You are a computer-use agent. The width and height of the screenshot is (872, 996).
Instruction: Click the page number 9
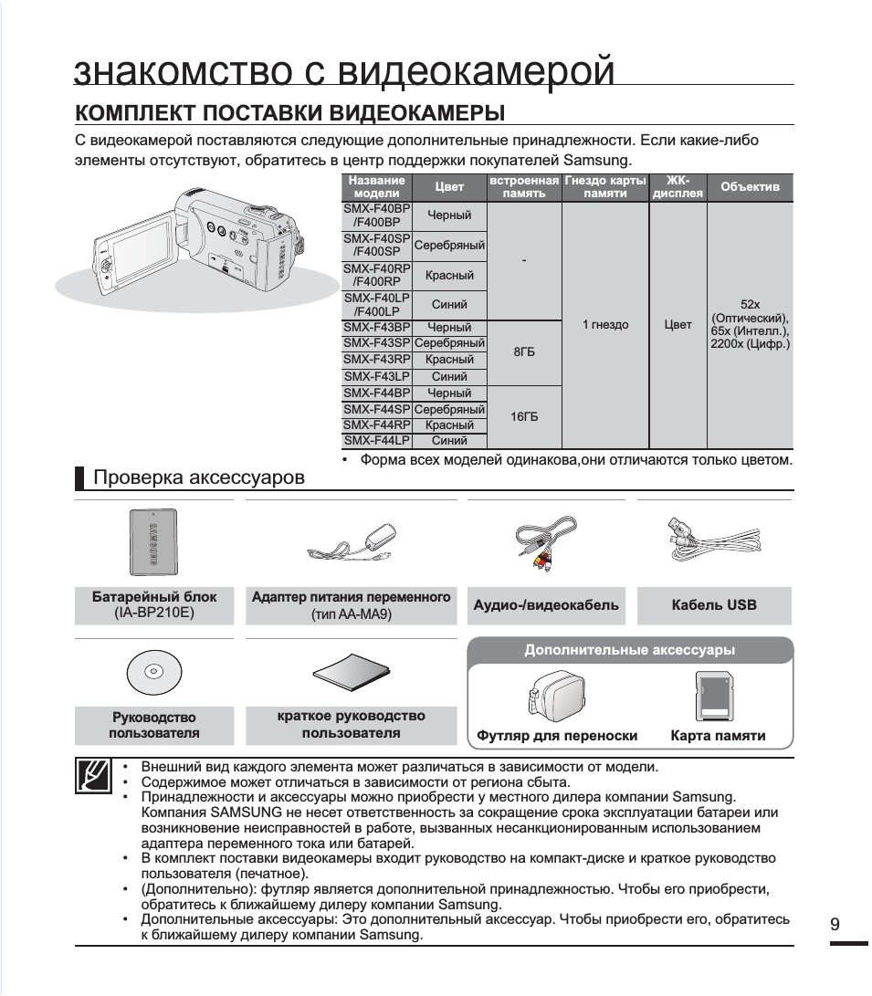point(835,924)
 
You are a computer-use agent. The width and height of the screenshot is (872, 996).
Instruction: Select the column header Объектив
point(750,187)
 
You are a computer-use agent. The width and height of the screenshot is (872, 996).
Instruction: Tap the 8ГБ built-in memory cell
point(524,351)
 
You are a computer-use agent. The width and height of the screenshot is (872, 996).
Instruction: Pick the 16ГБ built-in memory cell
point(524,416)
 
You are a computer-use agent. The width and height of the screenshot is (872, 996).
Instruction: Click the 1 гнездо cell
point(604,324)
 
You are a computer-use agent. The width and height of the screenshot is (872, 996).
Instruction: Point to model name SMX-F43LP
point(376,376)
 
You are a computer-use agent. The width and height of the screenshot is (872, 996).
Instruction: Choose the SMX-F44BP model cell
point(376,393)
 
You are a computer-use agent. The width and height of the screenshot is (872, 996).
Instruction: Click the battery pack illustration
point(153,542)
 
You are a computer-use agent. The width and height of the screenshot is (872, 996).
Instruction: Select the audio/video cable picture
point(545,545)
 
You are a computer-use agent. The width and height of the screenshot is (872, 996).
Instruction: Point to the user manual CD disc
point(153,673)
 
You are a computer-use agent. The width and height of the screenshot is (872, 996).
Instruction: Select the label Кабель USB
point(714,604)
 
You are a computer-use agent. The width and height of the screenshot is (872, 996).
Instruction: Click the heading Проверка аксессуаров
point(199,477)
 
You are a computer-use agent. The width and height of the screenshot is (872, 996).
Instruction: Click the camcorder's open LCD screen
point(129,258)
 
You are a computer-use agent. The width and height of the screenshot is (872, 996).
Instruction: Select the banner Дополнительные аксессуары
point(629,650)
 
